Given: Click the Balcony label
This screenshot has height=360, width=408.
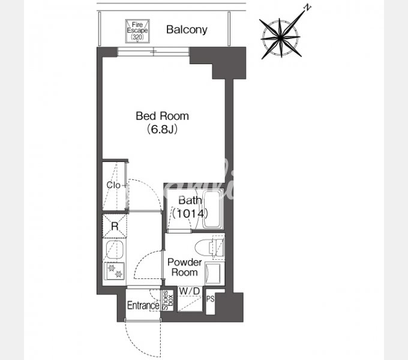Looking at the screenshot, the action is click(x=187, y=30).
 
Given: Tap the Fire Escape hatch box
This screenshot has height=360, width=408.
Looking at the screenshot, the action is click(x=137, y=31).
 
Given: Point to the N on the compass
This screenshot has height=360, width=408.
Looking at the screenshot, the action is click(x=308, y=8).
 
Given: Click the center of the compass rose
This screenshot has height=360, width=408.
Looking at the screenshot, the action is click(x=281, y=38).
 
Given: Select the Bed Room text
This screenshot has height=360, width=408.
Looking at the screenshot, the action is click(x=163, y=116).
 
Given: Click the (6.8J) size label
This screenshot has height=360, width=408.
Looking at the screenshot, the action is click(x=163, y=129).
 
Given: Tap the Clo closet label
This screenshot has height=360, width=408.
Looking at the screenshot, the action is click(x=113, y=185).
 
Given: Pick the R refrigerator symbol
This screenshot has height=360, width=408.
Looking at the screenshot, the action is click(x=115, y=226).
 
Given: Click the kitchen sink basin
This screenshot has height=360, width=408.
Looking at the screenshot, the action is click(x=115, y=250).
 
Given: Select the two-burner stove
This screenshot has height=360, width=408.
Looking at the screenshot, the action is click(x=114, y=271).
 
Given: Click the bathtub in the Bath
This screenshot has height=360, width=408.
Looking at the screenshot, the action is click(x=212, y=209).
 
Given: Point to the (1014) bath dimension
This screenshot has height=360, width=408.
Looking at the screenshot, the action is click(x=190, y=214).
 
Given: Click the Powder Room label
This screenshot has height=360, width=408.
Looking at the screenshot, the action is click(x=184, y=267).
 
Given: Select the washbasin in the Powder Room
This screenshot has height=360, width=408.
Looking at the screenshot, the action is click(x=215, y=273).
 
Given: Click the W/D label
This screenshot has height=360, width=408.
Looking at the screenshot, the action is click(x=190, y=292).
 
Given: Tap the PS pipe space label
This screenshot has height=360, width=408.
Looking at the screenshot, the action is click(x=211, y=299).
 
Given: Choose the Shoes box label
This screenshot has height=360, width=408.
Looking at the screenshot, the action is click(x=167, y=301).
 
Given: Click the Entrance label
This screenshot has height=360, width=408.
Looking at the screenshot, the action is click(x=143, y=305).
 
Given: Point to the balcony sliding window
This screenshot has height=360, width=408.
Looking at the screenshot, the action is click(x=153, y=52).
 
